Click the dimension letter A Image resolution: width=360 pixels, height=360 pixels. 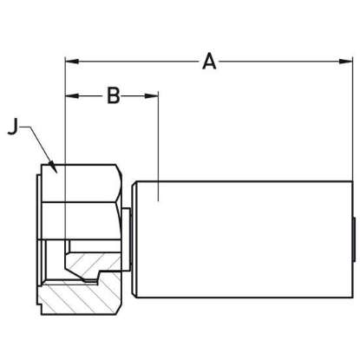pyautogui.click(x=209, y=62)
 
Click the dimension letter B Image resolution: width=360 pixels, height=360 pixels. pyautogui.click(x=113, y=95)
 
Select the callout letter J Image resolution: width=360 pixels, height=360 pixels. pyautogui.click(x=12, y=127)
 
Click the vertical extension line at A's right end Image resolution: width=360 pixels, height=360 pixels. pyautogui.click(x=353, y=121)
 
